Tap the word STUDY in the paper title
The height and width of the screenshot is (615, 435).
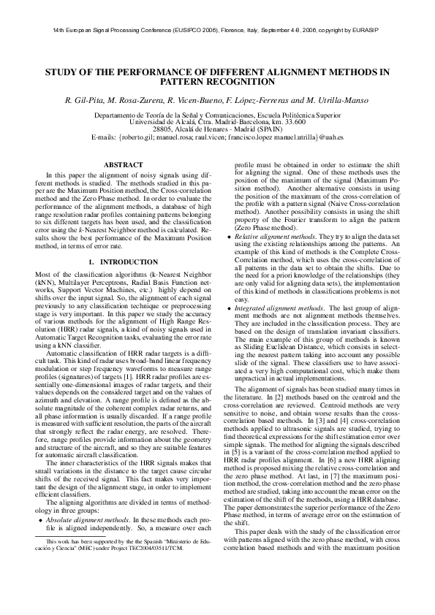64,72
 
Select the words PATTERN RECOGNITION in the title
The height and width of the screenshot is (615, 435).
217,83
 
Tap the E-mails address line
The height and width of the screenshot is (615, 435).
217,137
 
